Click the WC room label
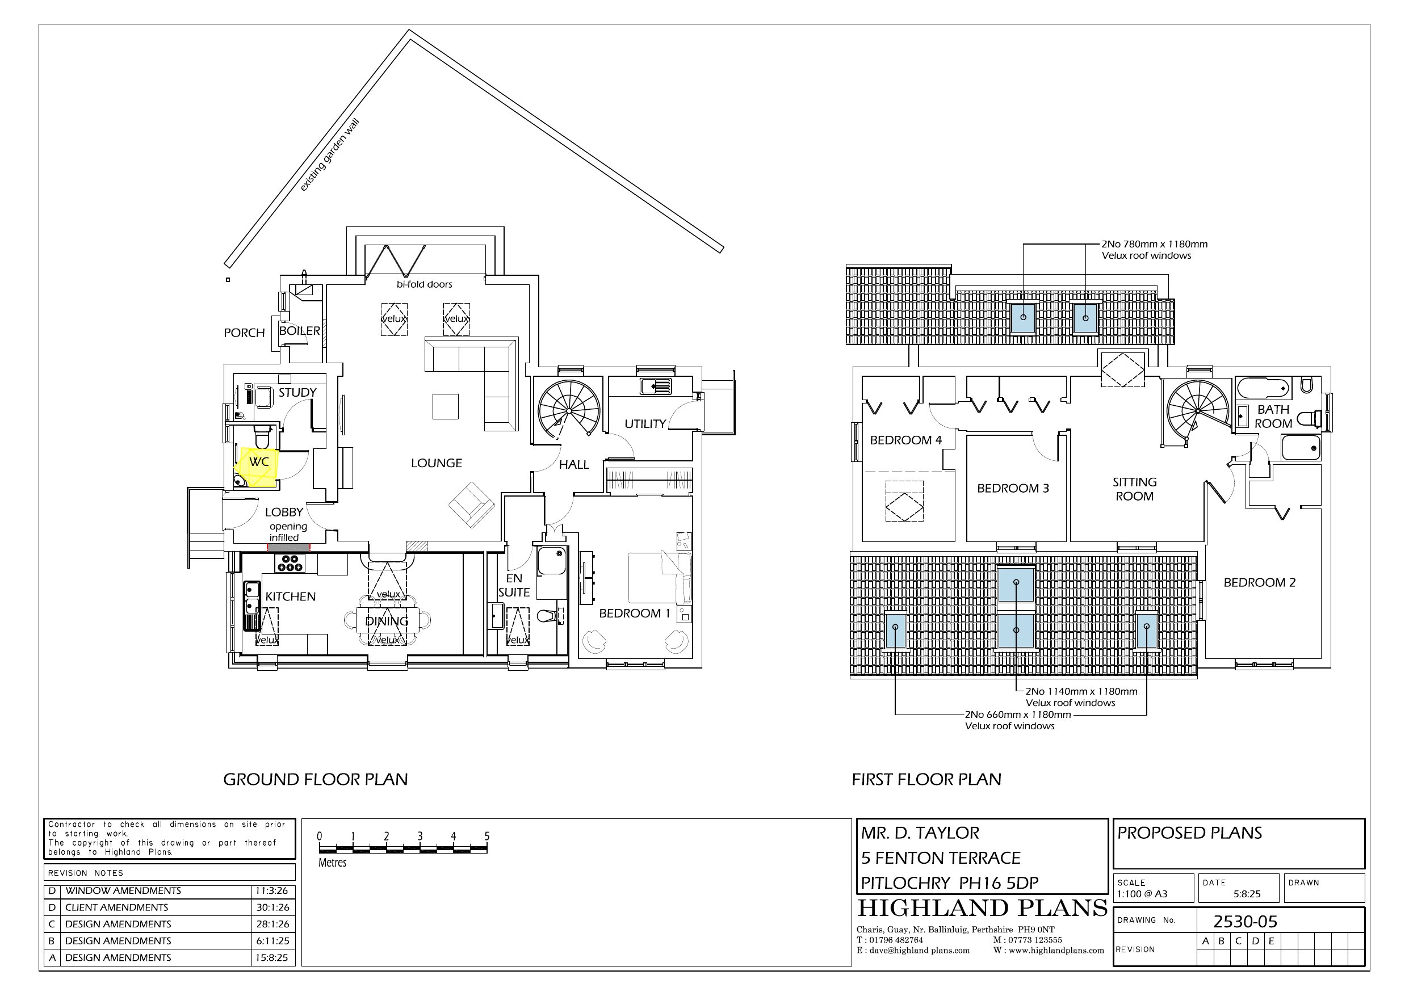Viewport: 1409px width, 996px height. (259, 461)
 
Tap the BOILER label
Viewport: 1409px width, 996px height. (300, 331)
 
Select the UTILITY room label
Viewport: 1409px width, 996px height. (645, 424)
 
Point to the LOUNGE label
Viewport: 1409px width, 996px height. (437, 463)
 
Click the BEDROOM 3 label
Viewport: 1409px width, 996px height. (1013, 489)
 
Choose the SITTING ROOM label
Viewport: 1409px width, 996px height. (1135, 489)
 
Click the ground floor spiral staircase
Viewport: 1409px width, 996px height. (569, 409)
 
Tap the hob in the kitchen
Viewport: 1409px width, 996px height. (290, 563)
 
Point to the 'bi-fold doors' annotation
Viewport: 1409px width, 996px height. (424, 285)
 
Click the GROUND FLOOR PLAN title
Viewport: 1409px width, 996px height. (316, 779)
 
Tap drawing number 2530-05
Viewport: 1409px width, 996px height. (1245, 922)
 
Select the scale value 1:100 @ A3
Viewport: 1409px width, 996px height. (1142, 894)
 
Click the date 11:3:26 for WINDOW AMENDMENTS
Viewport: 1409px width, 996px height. (272, 890)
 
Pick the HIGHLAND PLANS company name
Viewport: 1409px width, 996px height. (982, 907)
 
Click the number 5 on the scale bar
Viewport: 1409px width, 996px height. (487, 837)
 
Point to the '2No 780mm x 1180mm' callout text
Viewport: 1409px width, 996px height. (1154, 244)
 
